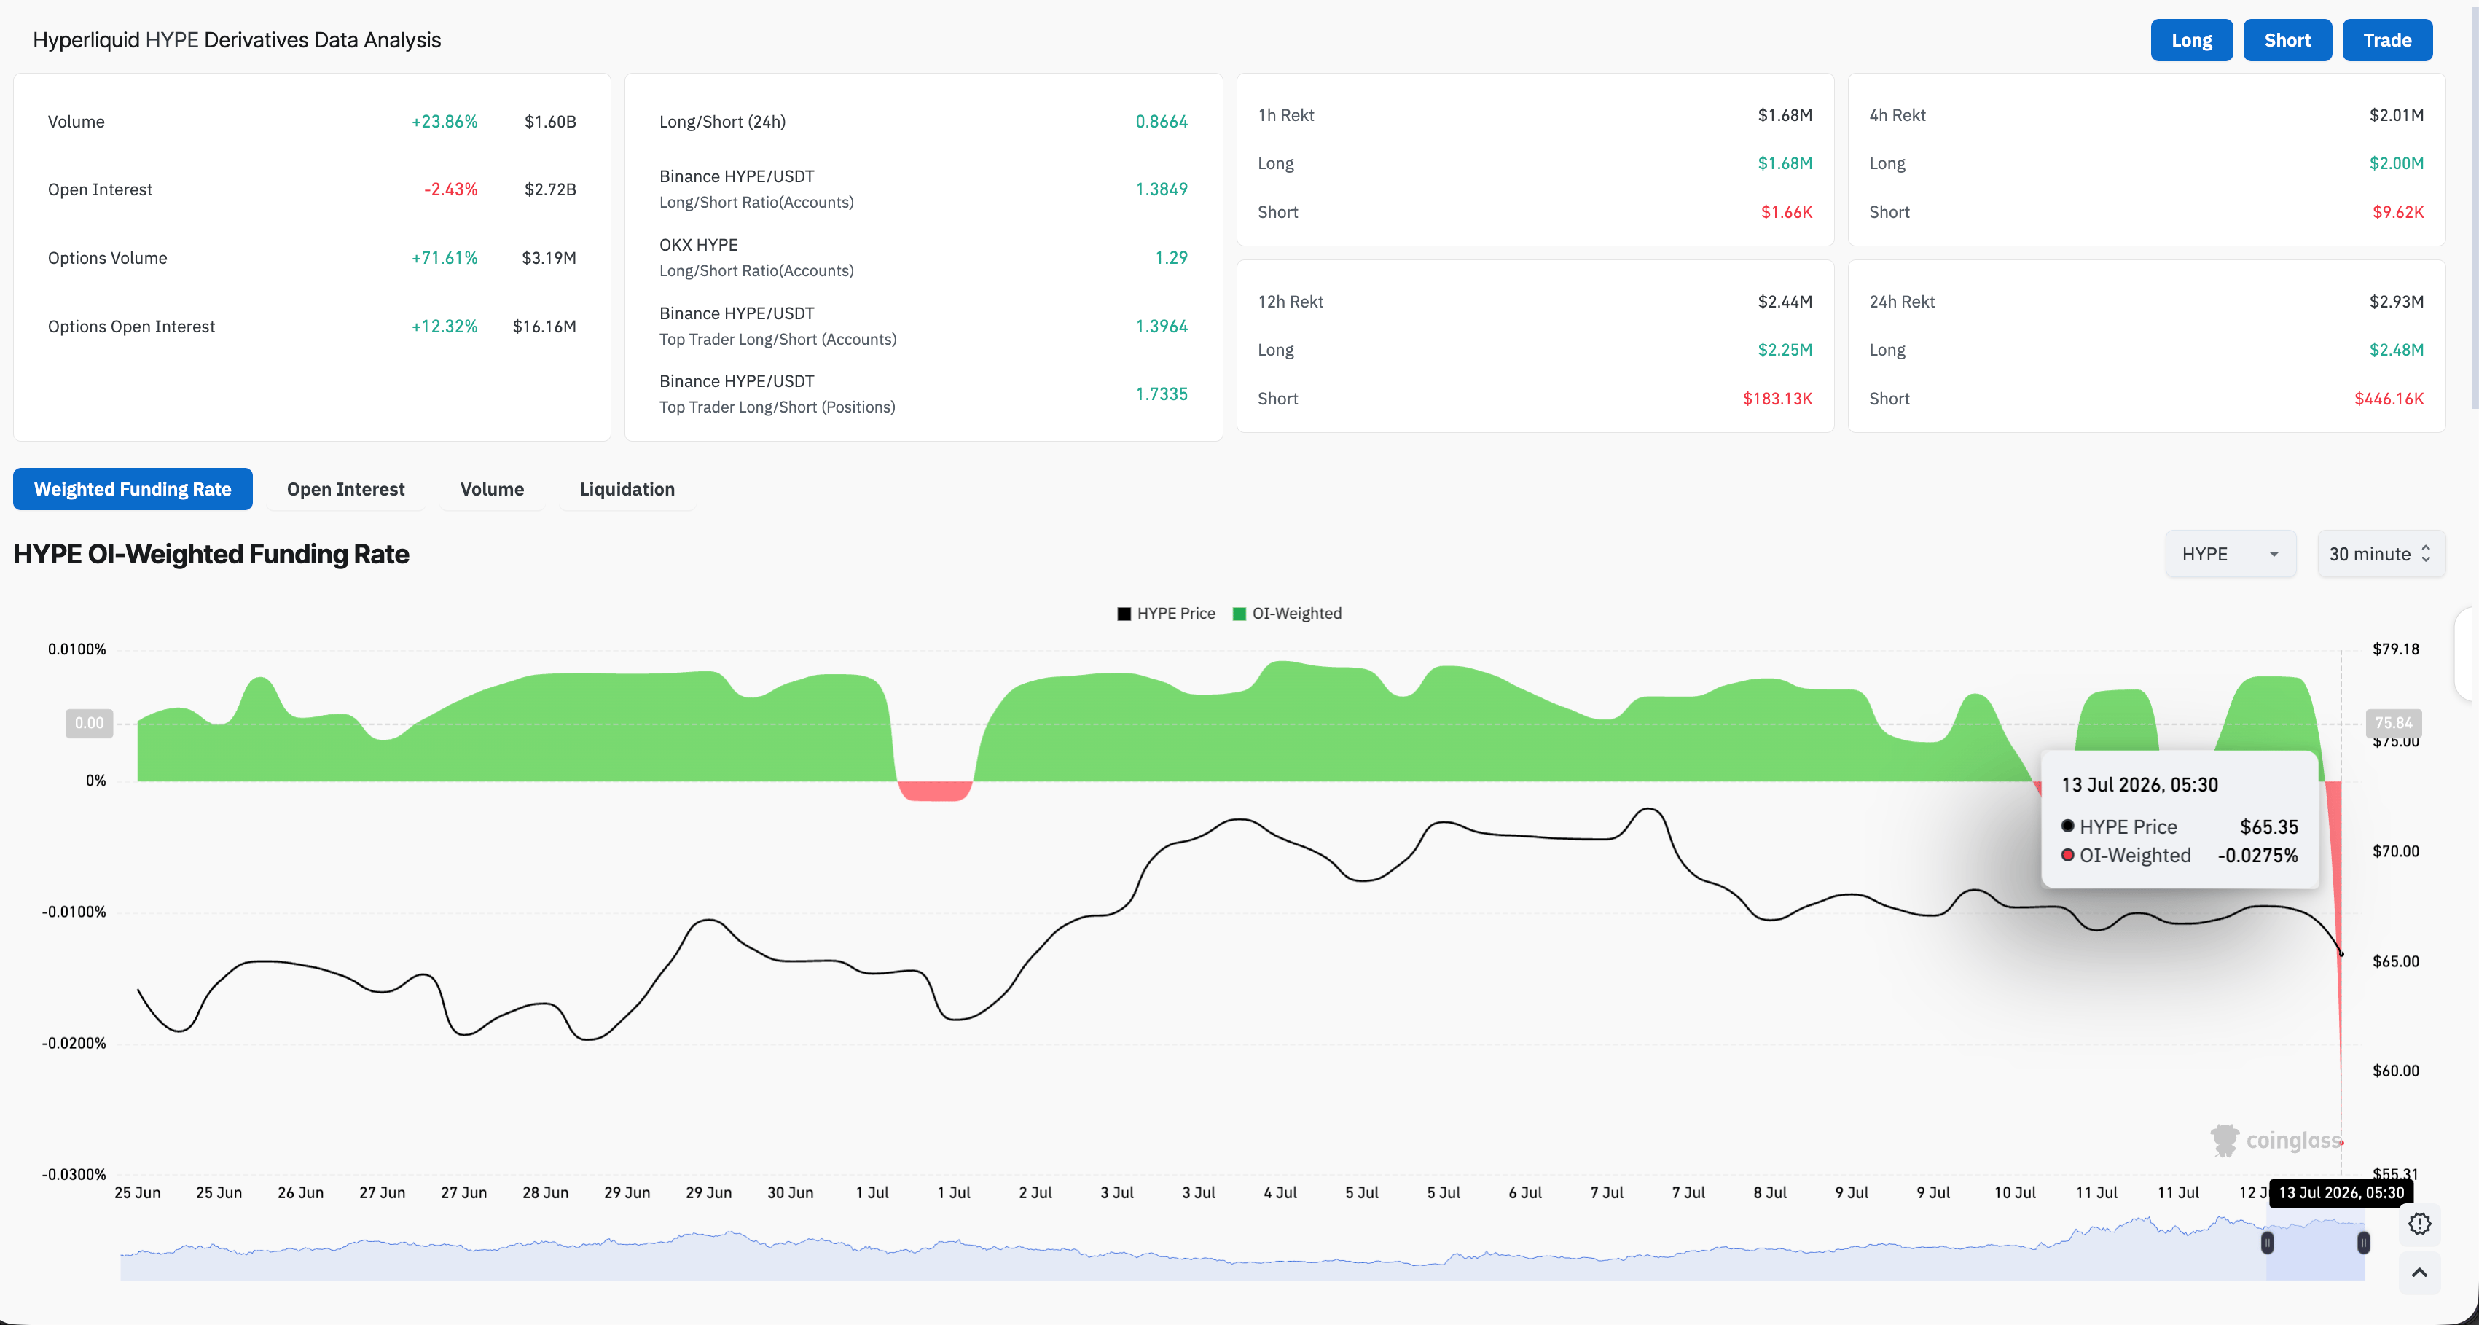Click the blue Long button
(2191, 40)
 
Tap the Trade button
(2386, 40)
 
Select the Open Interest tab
(345, 489)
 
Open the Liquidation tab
(627, 489)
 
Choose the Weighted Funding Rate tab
(133, 489)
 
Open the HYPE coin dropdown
(2230, 554)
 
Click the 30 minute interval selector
(2381, 554)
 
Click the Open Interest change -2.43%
(450, 189)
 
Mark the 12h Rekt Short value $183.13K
(1777, 399)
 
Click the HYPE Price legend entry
(1167, 614)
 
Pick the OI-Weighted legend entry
(1287, 614)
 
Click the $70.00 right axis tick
(2395, 851)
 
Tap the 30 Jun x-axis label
(790, 1193)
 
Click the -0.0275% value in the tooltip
(2257, 856)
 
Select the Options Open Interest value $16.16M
(544, 327)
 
